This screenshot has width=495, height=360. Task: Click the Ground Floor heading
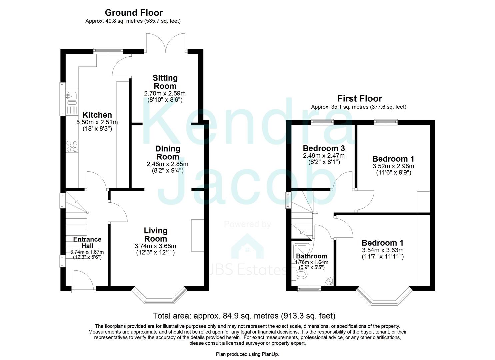pyautogui.click(x=134, y=13)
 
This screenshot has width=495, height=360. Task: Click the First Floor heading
pyautogui.click(x=359, y=98)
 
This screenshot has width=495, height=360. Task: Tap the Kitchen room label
pyautogui.click(x=97, y=115)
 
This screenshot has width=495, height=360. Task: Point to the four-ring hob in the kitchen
pyautogui.click(x=72, y=147)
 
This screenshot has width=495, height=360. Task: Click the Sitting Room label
pyautogui.click(x=165, y=82)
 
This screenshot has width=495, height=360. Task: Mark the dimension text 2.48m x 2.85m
pyautogui.click(x=167, y=164)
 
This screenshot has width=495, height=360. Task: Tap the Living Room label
pyautogui.click(x=156, y=234)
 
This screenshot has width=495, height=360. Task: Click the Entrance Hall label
pyautogui.click(x=87, y=242)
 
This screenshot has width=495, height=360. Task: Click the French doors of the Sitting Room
pyautogui.click(x=165, y=43)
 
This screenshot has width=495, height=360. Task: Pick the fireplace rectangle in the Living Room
pyautogui.click(x=197, y=235)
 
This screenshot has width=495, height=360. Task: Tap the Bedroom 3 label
pyautogui.click(x=324, y=148)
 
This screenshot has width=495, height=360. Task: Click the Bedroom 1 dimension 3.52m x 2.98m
pyautogui.click(x=393, y=166)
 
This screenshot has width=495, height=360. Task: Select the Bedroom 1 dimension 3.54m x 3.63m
pyautogui.click(x=382, y=250)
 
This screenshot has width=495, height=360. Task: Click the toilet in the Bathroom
pyautogui.click(x=301, y=275)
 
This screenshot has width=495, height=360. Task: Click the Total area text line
pyautogui.click(x=244, y=316)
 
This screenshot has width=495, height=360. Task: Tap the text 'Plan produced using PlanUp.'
pyautogui.click(x=247, y=354)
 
